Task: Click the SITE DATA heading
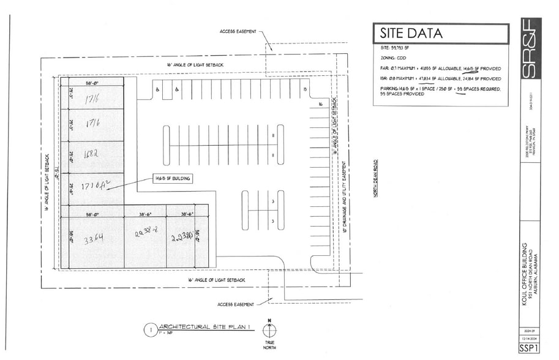(x=411, y=33)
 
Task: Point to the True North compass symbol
(x=269, y=329)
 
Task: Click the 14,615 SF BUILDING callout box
(x=173, y=178)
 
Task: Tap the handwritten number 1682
(x=92, y=155)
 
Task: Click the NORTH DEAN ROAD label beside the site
(x=375, y=178)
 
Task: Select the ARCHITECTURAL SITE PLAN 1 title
(x=198, y=327)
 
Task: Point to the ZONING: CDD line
(x=393, y=57)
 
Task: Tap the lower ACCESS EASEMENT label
(x=236, y=304)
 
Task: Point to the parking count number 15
(x=304, y=89)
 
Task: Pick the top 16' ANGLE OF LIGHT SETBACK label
(x=195, y=64)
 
